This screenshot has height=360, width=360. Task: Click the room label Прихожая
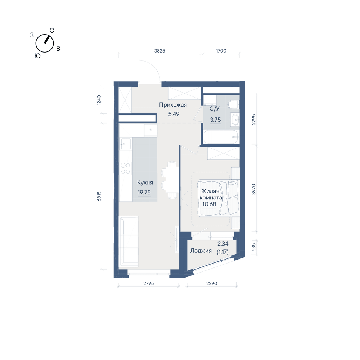click(x=173, y=105)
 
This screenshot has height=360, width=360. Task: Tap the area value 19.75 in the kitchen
click(x=144, y=192)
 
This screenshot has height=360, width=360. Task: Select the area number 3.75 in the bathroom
click(x=215, y=120)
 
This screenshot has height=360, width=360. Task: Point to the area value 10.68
click(x=209, y=204)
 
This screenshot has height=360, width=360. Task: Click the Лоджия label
click(x=201, y=251)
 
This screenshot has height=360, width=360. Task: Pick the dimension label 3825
click(x=159, y=51)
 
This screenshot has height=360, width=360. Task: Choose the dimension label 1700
click(x=221, y=51)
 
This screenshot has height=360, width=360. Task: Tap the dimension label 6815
click(x=99, y=196)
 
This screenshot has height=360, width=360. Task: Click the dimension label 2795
click(x=149, y=284)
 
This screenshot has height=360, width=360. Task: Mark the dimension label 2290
click(x=212, y=284)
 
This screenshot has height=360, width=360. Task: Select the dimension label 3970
click(x=253, y=189)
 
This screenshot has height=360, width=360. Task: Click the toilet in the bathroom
click(x=234, y=105)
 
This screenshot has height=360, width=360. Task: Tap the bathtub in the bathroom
click(x=221, y=137)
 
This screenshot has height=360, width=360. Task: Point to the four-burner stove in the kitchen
click(x=125, y=168)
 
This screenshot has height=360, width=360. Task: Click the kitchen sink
click(x=125, y=144)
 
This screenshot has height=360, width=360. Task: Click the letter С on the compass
click(x=52, y=31)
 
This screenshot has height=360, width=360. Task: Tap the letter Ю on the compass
click(x=37, y=56)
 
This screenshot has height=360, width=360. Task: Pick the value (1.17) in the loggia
click(x=223, y=252)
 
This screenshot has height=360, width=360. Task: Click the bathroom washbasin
click(x=235, y=120)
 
